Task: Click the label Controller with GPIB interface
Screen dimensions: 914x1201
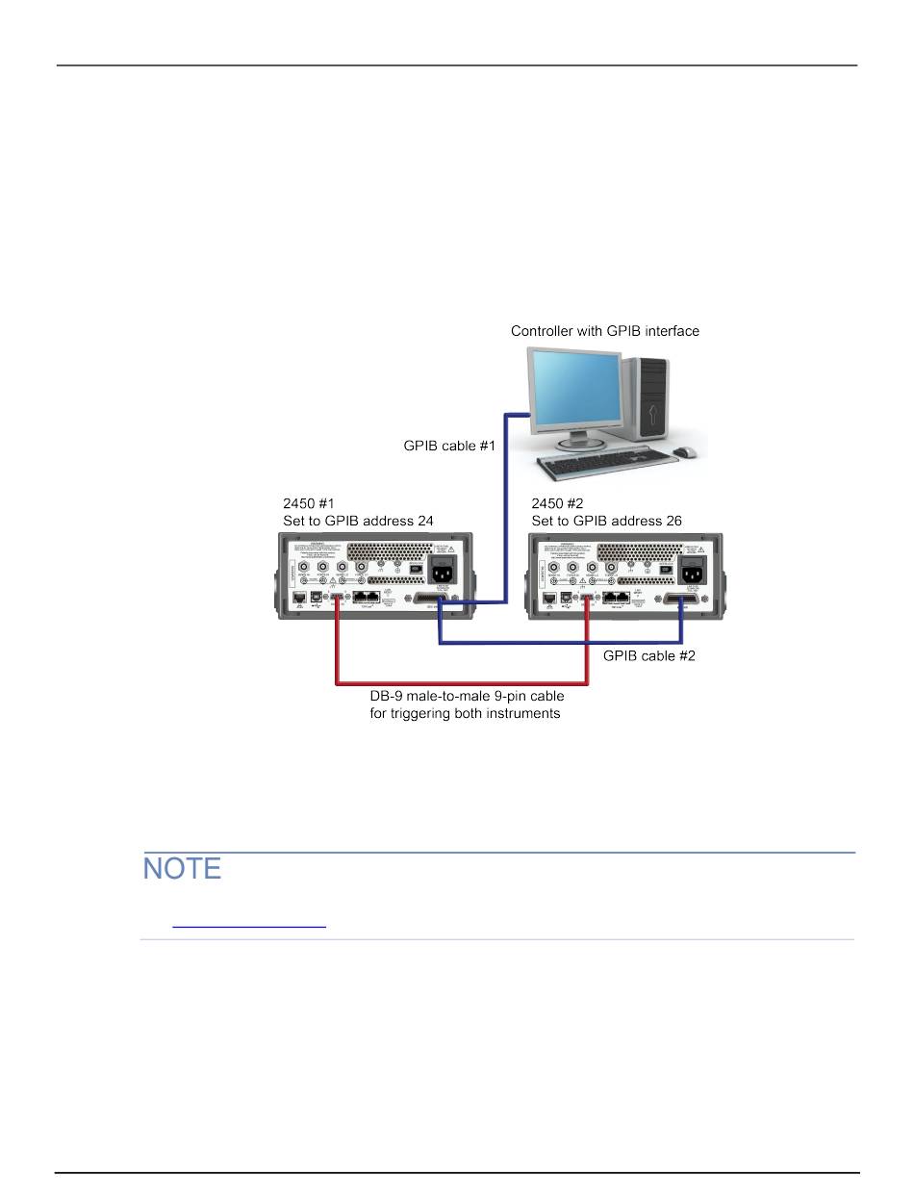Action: (x=604, y=331)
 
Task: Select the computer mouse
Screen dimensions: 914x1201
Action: (x=684, y=451)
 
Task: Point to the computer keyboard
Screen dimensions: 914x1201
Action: (x=601, y=466)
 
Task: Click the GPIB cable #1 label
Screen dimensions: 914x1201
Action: (x=448, y=446)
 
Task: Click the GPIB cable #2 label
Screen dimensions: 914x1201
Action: (x=648, y=655)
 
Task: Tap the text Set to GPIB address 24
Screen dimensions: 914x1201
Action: (x=358, y=521)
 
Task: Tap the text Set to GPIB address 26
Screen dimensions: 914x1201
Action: (x=606, y=521)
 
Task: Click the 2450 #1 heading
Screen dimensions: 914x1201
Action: (x=308, y=503)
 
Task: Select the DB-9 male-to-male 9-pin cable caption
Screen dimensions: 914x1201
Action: (x=467, y=696)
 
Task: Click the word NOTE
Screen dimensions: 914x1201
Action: (x=183, y=869)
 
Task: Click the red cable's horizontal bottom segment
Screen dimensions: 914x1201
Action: (x=462, y=682)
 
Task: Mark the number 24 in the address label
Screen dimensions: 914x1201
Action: (x=424, y=521)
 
